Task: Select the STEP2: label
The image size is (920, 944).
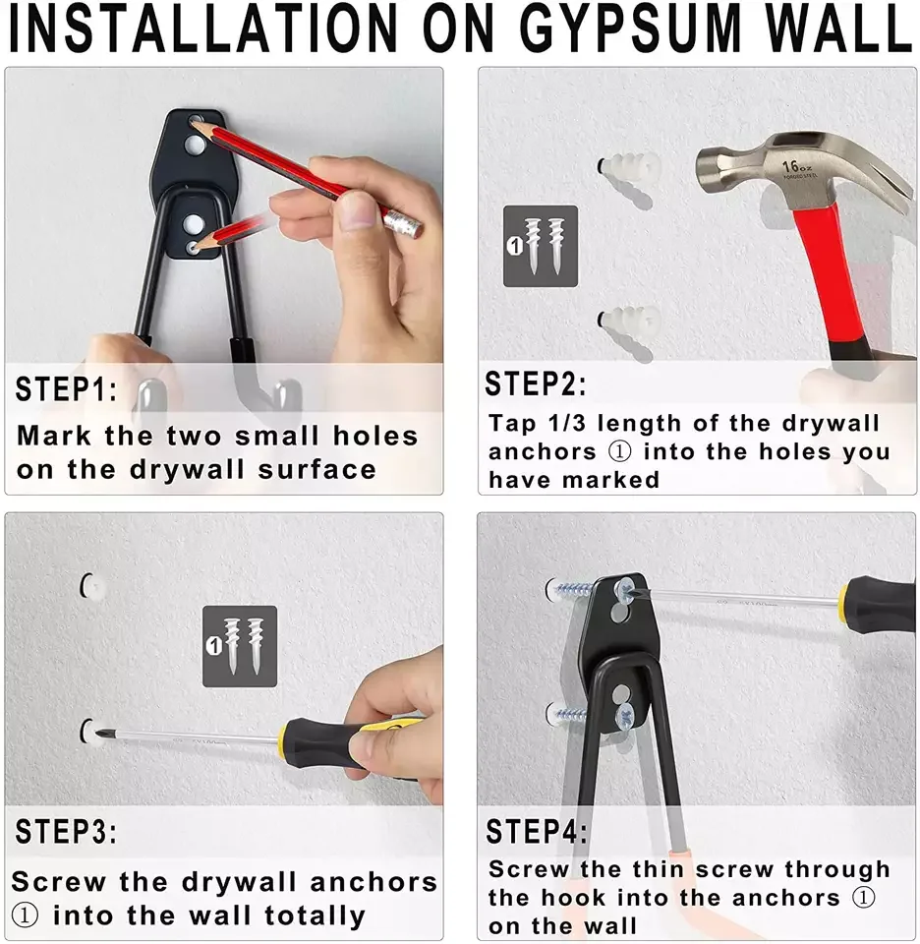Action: [536, 384]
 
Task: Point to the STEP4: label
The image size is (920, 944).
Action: [536, 832]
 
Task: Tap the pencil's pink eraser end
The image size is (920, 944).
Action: [403, 222]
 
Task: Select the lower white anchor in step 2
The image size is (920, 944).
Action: [629, 321]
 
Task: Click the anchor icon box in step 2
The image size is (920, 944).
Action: [540, 246]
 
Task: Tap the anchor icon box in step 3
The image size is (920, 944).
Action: [240, 645]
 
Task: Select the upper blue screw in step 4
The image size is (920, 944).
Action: [576, 590]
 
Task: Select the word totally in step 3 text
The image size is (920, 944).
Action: [315, 916]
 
